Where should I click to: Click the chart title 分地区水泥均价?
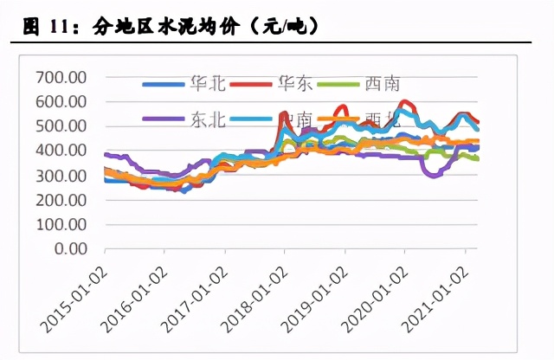[173, 27]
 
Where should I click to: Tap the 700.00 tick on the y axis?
[61, 78]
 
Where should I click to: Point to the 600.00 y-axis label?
[61, 102]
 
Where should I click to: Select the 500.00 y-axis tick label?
[61, 126]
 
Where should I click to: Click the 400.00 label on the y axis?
[61, 151]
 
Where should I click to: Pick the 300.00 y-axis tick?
[61, 176]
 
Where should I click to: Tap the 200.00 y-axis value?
[61, 200]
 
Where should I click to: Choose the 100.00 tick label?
[61, 224]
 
